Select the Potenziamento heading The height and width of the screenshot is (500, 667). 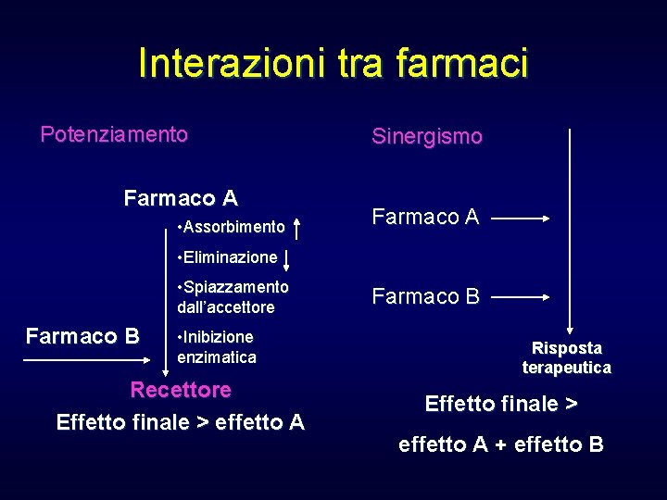point(114,135)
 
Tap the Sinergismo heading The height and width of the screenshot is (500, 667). point(427,137)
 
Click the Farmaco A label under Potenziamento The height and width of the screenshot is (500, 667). point(181,198)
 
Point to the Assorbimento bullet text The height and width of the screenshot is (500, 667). point(230,227)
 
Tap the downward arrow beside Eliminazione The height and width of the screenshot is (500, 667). point(286,258)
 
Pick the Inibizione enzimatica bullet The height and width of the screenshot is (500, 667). point(217,346)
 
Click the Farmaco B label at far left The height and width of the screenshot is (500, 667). point(82,336)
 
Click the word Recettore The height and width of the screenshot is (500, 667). point(181,390)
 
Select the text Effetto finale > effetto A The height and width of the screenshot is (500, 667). point(181,423)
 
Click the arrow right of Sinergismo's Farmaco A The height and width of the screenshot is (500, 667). point(522,219)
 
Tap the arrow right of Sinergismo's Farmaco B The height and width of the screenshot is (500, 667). point(522,298)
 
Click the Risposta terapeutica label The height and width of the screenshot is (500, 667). point(567,358)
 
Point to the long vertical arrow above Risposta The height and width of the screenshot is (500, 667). point(570,231)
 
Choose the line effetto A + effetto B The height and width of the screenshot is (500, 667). point(501,444)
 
